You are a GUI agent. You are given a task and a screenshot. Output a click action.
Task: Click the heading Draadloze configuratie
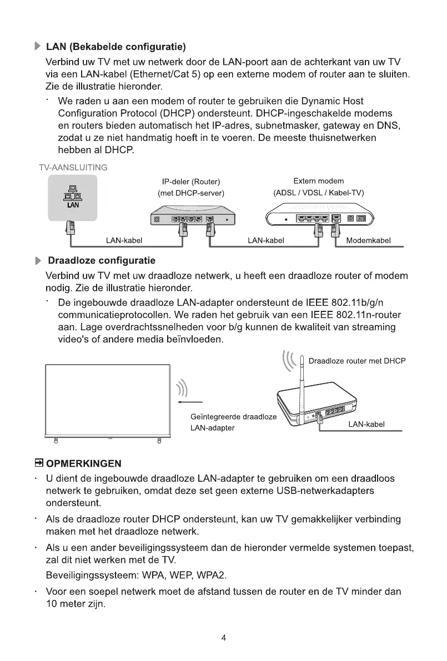(x=102, y=260)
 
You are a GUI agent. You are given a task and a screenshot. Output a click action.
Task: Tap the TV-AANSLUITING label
(x=73, y=167)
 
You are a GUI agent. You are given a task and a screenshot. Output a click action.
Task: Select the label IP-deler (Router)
(x=191, y=181)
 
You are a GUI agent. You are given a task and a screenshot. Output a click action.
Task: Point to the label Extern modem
(x=318, y=181)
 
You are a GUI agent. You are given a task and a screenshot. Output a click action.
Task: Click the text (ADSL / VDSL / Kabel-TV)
(x=318, y=193)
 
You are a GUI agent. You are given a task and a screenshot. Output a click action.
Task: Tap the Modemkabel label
(x=368, y=240)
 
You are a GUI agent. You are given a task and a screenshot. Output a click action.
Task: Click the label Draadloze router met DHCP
(x=356, y=361)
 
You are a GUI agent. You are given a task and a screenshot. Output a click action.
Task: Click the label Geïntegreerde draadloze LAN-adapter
(x=233, y=422)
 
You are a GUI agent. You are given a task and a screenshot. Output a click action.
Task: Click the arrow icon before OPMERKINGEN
(x=39, y=462)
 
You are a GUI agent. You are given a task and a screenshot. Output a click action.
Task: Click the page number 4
(x=223, y=638)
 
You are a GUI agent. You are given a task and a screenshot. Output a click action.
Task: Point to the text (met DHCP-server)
(x=191, y=193)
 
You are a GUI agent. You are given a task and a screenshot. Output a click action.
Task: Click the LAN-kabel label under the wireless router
(x=366, y=424)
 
